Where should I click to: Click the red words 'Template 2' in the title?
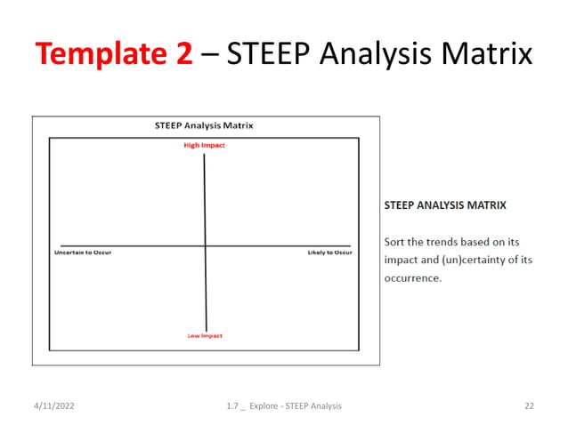click(x=114, y=55)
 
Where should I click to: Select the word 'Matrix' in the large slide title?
click(x=484, y=55)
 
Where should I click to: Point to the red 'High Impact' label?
click(x=205, y=146)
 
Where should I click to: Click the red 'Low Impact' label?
click(x=205, y=335)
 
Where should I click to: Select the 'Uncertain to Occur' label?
click(x=83, y=253)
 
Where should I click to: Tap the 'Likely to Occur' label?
click(x=329, y=253)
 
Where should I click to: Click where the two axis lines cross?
click(x=206, y=245)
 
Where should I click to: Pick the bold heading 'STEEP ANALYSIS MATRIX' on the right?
click(x=444, y=204)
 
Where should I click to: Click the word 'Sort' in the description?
click(x=394, y=242)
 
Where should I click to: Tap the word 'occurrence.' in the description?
click(x=412, y=277)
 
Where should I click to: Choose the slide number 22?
click(x=529, y=405)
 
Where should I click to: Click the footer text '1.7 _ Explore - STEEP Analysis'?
click(x=284, y=405)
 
